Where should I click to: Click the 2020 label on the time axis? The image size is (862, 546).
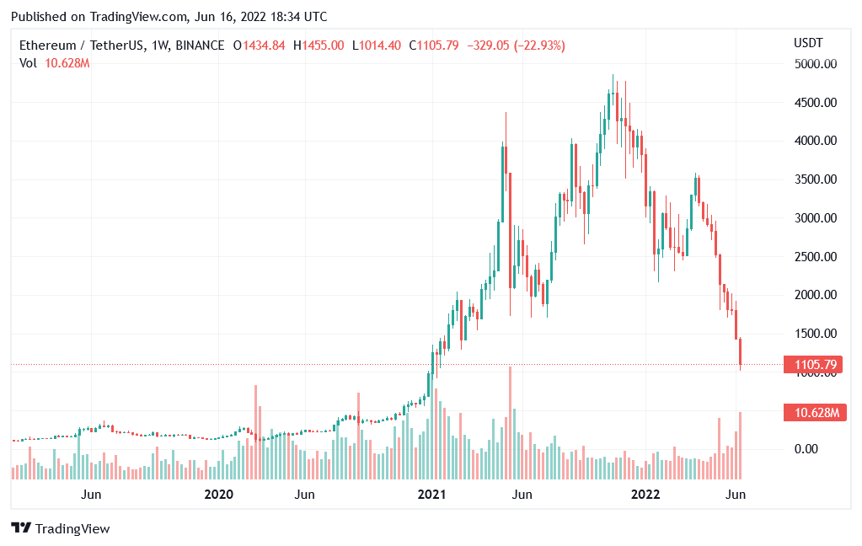pyautogui.click(x=218, y=495)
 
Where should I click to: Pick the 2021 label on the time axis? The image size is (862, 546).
pyautogui.click(x=432, y=495)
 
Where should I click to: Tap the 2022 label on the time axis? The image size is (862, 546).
pyautogui.click(x=646, y=495)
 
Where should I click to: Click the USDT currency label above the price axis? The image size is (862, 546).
pyautogui.click(x=808, y=43)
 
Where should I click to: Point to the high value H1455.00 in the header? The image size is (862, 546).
pyautogui.click(x=319, y=45)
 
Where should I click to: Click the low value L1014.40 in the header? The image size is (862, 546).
pyautogui.click(x=376, y=45)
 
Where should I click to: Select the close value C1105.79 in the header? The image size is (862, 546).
pyautogui.click(x=434, y=45)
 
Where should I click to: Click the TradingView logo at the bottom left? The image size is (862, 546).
pyautogui.click(x=61, y=529)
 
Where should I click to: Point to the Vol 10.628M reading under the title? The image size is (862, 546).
pyautogui.click(x=55, y=63)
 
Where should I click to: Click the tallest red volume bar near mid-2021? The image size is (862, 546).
pyautogui.click(x=510, y=421)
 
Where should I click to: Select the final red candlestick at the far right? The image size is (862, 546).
pyautogui.click(x=741, y=352)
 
